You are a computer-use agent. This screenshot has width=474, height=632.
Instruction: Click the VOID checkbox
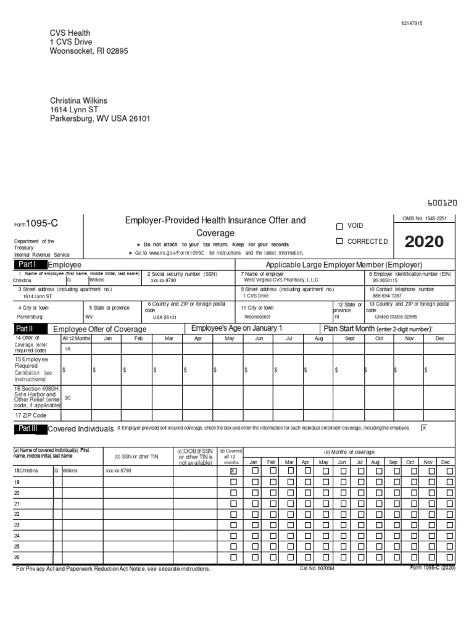(339, 226)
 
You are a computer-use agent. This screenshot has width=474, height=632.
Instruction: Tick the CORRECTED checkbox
(339, 241)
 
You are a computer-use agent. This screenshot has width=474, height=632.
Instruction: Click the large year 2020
(424, 241)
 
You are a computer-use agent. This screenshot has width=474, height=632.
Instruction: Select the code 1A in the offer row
(68, 349)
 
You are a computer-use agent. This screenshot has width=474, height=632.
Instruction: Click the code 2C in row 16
(68, 398)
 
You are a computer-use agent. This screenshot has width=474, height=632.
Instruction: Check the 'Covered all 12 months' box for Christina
(233, 470)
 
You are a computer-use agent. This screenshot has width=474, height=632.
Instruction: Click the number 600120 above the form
(442, 202)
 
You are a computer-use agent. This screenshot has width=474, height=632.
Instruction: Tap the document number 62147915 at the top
(412, 23)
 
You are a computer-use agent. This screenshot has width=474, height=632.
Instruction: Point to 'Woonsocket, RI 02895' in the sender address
(89, 51)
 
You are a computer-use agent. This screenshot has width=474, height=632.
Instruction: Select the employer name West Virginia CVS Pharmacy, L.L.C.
(281, 280)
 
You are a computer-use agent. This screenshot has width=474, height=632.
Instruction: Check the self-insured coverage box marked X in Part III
(423, 427)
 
